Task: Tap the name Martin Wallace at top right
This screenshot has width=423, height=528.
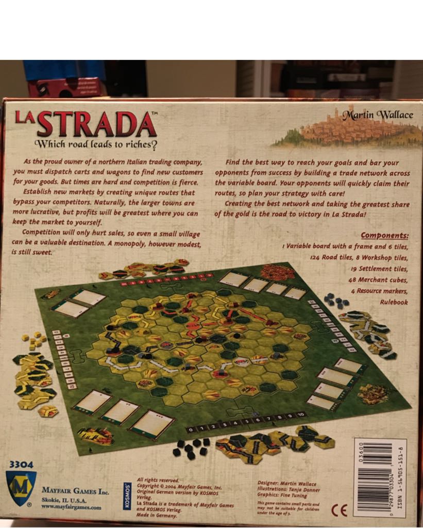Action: click(378, 114)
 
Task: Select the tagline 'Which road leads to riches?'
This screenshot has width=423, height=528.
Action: click(96, 144)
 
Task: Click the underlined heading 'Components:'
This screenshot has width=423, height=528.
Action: click(384, 236)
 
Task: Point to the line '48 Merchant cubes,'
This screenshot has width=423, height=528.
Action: click(379, 280)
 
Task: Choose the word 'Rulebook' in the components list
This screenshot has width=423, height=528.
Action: click(394, 302)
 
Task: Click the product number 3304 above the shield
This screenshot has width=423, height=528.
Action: click(21, 465)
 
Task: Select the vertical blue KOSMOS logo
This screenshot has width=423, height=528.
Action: click(127, 496)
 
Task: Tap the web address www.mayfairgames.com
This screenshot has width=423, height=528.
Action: click(71, 507)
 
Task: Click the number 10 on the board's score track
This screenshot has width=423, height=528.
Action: click(301, 415)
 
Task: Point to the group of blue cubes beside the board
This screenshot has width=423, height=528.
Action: click(335, 301)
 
